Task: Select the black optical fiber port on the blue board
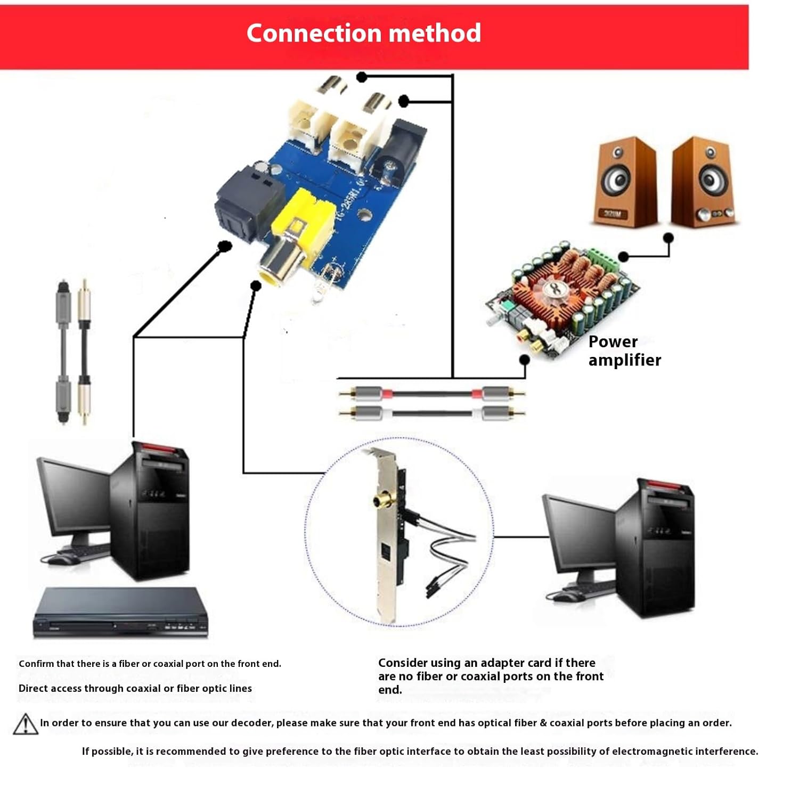pos(248,200)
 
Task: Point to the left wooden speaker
pos(624,182)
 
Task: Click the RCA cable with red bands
pos(431,394)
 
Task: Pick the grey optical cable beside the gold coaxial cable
pos(63,352)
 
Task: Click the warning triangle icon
pos(25,724)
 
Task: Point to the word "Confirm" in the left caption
pos(36,664)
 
